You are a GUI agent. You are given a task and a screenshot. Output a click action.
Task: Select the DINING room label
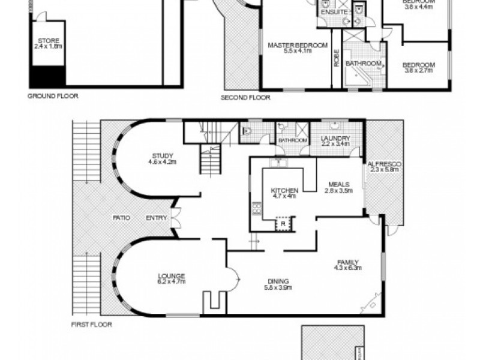click(x=279, y=281)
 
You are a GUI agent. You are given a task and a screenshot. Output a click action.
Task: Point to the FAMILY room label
click(x=347, y=262)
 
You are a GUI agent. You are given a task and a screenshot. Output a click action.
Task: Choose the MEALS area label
click(x=339, y=184)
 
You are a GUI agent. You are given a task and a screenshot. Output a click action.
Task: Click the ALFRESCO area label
click(x=384, y=163)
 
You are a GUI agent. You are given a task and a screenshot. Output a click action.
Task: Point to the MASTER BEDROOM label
click(x=298, y=45)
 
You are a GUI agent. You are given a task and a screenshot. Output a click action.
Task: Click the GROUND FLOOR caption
click(x=53, y=95)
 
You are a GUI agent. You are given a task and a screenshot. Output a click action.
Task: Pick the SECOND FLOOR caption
click(x=245, y=97)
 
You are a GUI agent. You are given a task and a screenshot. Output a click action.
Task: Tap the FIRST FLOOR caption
click(x=91, y=324)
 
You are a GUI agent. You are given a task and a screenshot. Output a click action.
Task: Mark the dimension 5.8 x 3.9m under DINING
click(x=279, y=287)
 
